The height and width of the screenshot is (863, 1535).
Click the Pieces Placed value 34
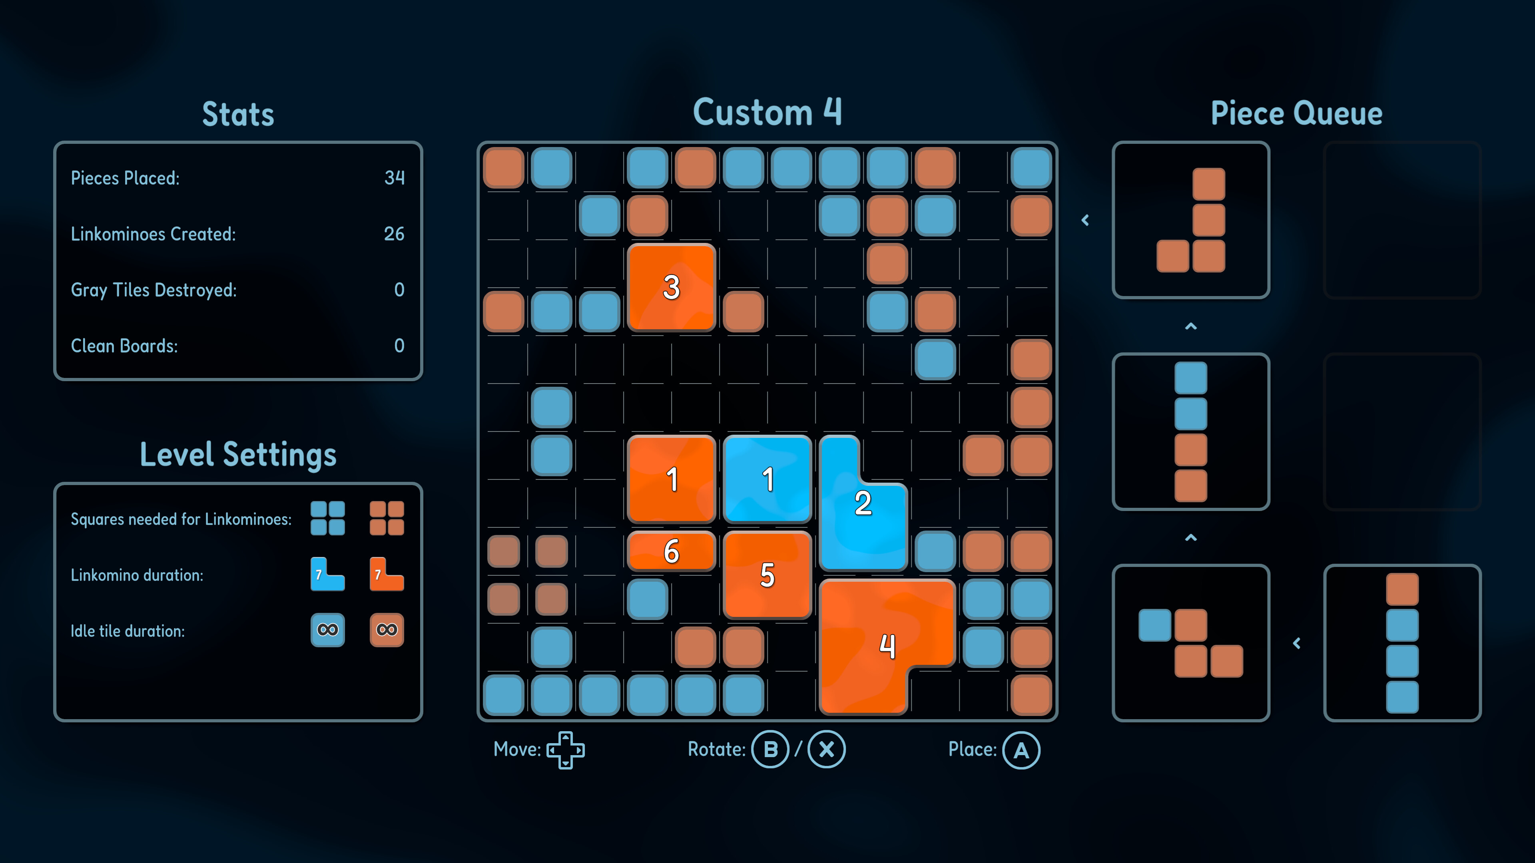[395, 177]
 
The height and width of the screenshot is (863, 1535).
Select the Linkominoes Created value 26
[394, 233]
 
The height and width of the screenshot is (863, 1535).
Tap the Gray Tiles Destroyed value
[399, 289]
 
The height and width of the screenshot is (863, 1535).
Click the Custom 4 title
[767, 112]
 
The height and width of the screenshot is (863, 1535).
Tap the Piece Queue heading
[1297, 113]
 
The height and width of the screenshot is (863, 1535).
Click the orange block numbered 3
[672, 287]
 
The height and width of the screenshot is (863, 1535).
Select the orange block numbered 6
[672, 551]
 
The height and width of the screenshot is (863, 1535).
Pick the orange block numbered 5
[767, 575]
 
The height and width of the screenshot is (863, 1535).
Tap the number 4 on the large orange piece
[888, 646]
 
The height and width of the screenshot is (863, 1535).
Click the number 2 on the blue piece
[863, 503]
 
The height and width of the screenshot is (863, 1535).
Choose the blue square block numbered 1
[767, 479]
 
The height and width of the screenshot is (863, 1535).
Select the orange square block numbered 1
[672, 479]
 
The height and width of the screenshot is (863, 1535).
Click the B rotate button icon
[770, 749]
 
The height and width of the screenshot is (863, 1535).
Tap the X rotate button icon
[827, 749]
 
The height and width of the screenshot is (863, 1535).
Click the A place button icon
[1021, 750]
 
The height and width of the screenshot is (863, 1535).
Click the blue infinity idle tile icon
[328, 630]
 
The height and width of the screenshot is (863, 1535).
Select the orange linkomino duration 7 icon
[387, 574]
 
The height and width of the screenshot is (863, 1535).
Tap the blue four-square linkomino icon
[328, 518]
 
